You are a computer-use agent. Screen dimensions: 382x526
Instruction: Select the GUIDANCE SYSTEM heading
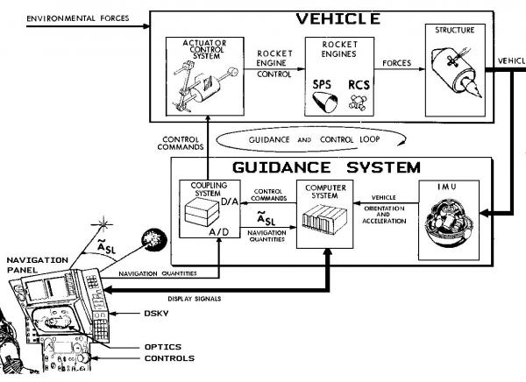click(x=326, y=166)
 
